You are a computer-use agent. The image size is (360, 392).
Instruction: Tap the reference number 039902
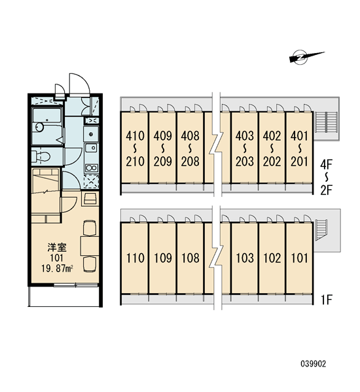pyautogui.click(x=314, y=364)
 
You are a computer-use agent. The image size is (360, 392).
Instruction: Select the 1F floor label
pyautogui.click(x=327, y=300)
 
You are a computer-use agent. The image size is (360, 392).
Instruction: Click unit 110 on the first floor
pyautogui.click(x=135, y=258)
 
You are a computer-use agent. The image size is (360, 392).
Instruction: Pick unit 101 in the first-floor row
pyautogui.click(x=299, y=258)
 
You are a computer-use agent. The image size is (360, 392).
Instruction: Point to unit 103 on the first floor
pyautogui.click(x=245, y=258)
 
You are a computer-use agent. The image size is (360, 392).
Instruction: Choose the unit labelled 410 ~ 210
pyautogui.click(x=135, y=149)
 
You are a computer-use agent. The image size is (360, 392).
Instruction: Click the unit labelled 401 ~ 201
pyautogui.click(x=299, y=149)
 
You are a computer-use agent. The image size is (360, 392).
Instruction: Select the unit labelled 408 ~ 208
pyautogui.click(x=190, y=149)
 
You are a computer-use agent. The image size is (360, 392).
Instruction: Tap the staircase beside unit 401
pyautogui.click(x=326, y=122)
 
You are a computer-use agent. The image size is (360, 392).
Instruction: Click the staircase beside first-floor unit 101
pyautogui.click(x=321, y=230)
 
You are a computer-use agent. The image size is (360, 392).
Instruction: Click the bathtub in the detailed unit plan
pyautogui.click(x=47, y=126)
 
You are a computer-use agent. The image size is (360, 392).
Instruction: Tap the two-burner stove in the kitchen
pyautogui.click(x=92, y=168)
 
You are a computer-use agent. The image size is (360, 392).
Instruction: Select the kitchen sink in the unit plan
pyautogui.click(x=91, y=148)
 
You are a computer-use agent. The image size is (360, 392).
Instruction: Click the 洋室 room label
pyautogui.click(x=57, y=247)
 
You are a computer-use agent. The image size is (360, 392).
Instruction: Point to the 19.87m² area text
pyautogui.click(x=57, y=269)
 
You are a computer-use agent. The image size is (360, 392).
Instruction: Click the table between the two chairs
pyautogui.click(x=90, y=246)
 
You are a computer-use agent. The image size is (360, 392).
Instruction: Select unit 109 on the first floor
pyautogui.click(x=162, y=258)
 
